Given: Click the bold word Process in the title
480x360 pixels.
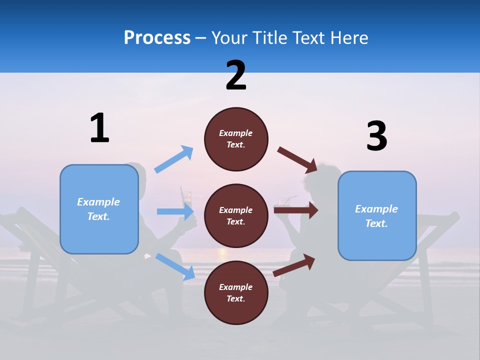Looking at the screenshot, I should pos(157,38).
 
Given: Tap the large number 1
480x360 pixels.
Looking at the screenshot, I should pos(99,128).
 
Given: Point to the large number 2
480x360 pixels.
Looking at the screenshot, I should pos(236,75).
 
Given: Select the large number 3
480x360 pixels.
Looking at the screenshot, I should pos(376,136).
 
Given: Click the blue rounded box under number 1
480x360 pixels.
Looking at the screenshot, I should pos(99,209).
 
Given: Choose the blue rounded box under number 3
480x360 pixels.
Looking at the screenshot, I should pos(377,215).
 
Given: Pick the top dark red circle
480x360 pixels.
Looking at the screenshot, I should pos(236,139).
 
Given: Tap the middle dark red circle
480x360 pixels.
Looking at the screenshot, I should pos(236,215).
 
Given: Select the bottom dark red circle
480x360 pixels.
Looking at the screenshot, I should pos(236,292).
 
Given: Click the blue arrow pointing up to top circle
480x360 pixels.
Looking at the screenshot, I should pos(174,159).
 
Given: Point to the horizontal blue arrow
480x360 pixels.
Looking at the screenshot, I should pos(175,211).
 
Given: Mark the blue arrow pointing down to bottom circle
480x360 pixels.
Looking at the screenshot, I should pos(175,266).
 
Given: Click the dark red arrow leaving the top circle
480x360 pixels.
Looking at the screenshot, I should pos(297,159).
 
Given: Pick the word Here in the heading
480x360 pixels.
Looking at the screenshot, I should pos(348,38).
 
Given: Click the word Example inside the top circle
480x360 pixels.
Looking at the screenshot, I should pos(236,133).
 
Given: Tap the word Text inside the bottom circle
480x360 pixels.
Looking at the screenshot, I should pos(236,298).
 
